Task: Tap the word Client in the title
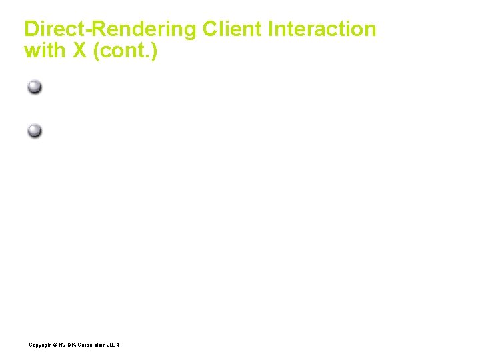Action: (233, 29)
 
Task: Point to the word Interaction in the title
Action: (323, 29)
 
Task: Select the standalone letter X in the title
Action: (79, 51)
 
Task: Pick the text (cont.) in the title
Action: (125, 51)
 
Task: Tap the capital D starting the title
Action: (31, 29)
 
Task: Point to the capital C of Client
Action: (210, 29)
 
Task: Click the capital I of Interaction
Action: (271, 29)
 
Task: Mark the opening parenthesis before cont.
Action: (97, 51)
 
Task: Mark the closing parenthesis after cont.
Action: (154, 51)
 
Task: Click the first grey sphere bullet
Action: (35, 87)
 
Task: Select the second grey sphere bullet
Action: (35, 131)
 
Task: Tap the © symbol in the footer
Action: (54, 345)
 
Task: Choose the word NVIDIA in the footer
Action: (67, 345)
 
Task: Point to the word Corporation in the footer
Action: (91, 345)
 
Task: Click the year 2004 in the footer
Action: (113, 345)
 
